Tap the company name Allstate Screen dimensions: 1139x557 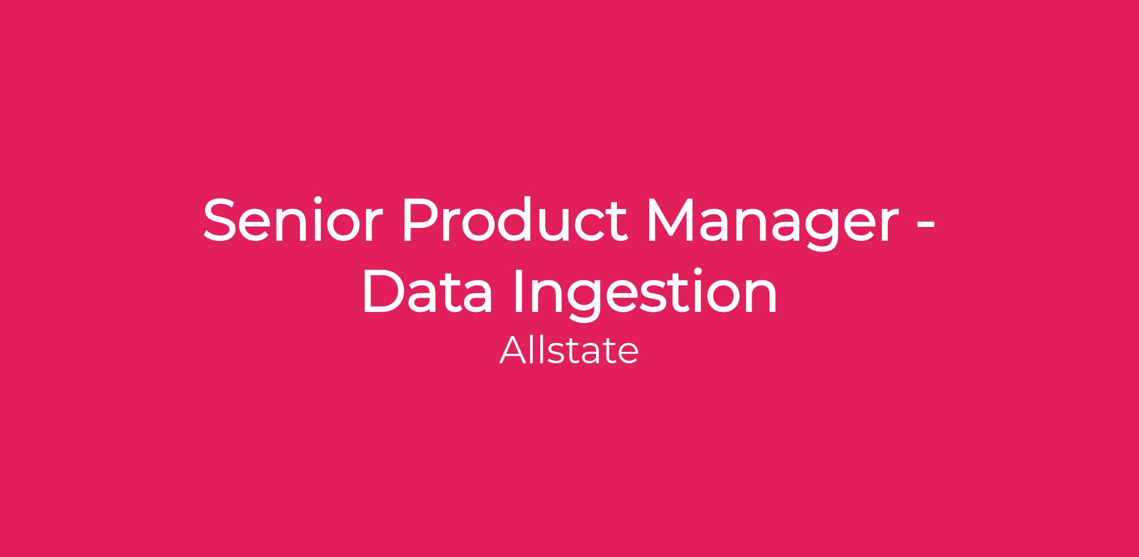pyautogui.click(x=569, y=350)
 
